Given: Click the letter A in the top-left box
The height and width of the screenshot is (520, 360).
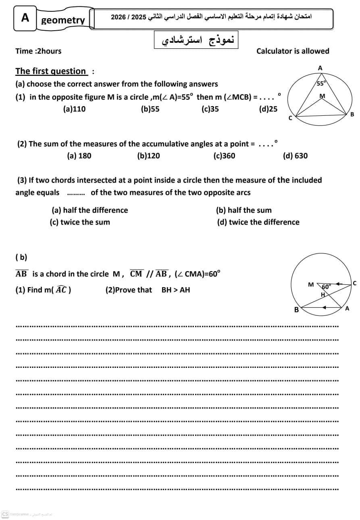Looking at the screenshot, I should tap(25, 18).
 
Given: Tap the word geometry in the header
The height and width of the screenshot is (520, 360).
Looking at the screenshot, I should tap(63, 20).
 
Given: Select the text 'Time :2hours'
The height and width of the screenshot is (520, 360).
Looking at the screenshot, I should tap(38, 51).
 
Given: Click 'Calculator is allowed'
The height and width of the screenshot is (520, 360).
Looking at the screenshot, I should tap(293, 51).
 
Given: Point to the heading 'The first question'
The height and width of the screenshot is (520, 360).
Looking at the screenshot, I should tap(51, 71).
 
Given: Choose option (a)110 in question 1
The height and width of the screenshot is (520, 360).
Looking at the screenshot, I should tap(74, 109).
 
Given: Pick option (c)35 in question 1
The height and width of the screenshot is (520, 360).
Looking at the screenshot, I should tap(210, 109).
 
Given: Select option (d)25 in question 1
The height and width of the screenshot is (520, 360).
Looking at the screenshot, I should tap(268, 109).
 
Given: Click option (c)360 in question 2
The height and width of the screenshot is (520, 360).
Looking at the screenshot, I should tap(224, 156).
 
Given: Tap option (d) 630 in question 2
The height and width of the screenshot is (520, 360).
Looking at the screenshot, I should tap(295, 156).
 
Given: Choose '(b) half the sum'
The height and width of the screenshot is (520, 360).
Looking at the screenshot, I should tap(243, 210).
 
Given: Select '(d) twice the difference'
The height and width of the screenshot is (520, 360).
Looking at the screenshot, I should tap(258, 222).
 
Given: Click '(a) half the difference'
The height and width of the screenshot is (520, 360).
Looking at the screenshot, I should tap(90, 210).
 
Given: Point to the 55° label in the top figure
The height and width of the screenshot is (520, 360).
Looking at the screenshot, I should tap(321, 84).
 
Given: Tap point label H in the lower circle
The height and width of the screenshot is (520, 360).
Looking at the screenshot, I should tap(323, 294).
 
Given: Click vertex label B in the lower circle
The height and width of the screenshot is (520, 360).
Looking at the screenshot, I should tap(296, 310).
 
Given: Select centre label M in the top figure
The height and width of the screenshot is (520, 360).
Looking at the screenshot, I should tap(322, 96).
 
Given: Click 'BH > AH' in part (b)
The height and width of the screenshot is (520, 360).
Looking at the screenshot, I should tap(175, 290).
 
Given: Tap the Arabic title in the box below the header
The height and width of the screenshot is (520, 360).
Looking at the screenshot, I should tap(196, 40).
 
